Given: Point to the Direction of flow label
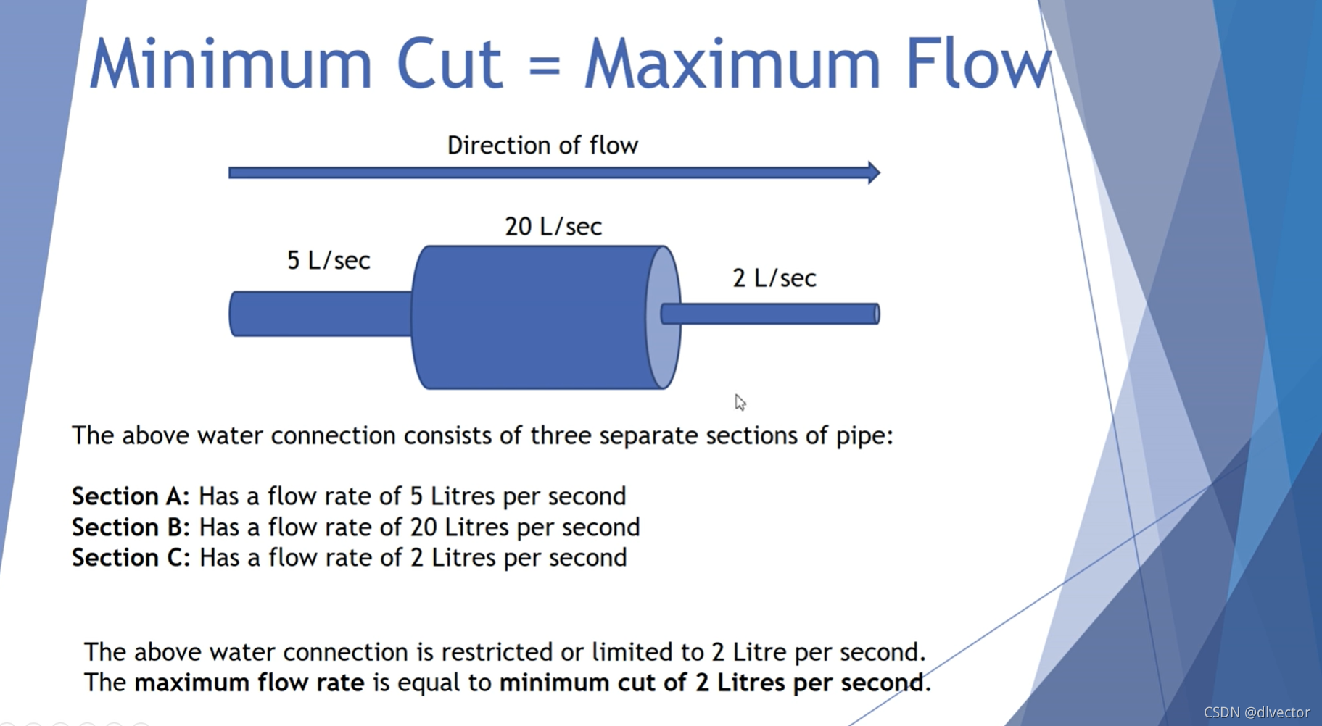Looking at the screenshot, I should (x=542, y=146).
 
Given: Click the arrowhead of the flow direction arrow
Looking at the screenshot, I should (x=873, y=172).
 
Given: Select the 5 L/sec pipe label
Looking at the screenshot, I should (x=329, y=260).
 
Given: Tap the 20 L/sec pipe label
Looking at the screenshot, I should (x=553, y=227).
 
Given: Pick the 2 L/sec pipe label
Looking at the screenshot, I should (x=774, y=278).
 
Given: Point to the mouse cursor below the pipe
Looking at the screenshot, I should (x=739, y=402).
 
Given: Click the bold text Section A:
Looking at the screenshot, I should (x=131, y=496).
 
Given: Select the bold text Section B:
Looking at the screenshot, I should (x=131, y=527).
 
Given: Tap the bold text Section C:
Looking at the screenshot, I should (x=131, y=558).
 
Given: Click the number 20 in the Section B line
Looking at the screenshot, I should (x=423, y=527).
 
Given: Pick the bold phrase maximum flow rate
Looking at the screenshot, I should (x=249, y=683).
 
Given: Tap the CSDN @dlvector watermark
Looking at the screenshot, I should (x=1256, y=712).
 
